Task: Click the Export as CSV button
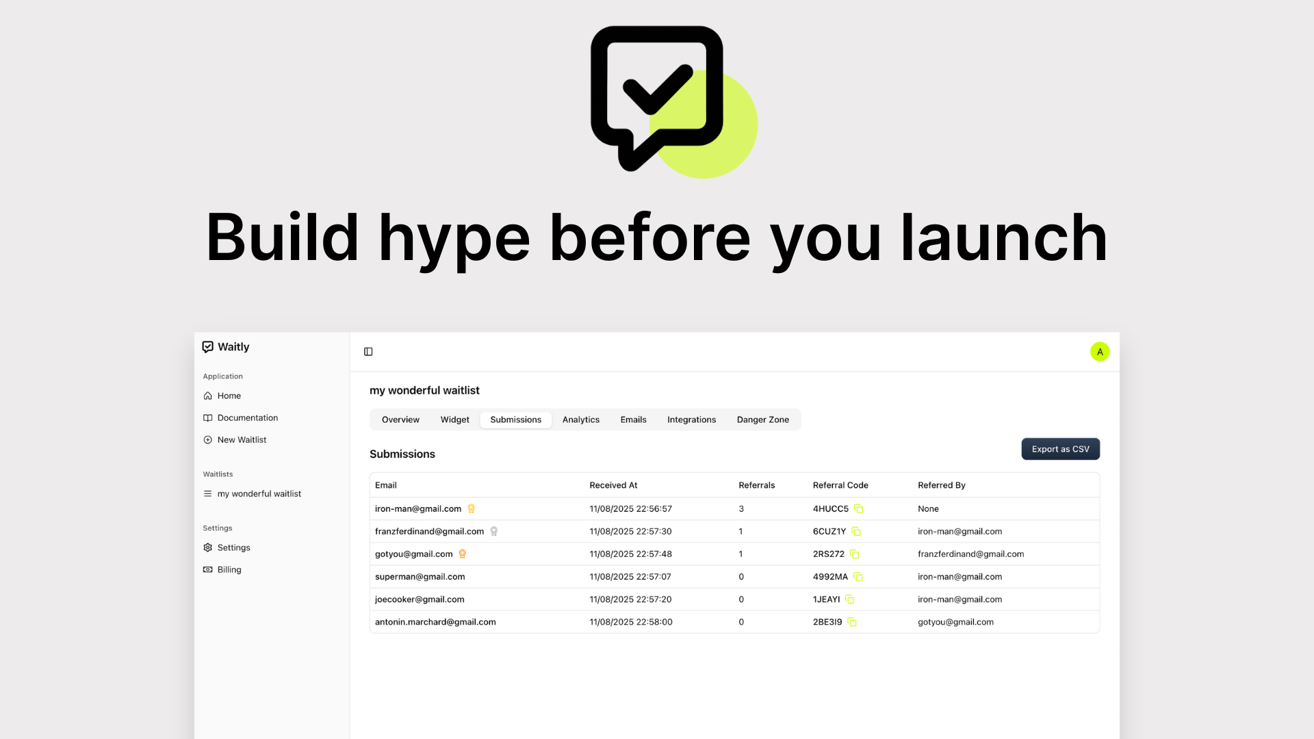pyautogui.click(x=1060, y=449)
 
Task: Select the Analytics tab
pyautogui.click(x=580, y=419)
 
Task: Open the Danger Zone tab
pyautogui.click(x=762, y=419)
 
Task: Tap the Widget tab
pyautogui.click(x=454, y=419)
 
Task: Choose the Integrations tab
pyautogui.click(x=691, y=419)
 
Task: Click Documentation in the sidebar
pyautogui.click(x=247, y=417)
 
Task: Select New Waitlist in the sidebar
pyautogui.click(x=242, y=439)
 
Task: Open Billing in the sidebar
pyautogui.click(x=229, y=569)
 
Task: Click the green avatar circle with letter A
pyautogui.click(x=1100, y=352)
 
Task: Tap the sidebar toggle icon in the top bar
pyautogui.click(x=368, y=352)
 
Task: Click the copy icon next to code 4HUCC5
pyautogui.click(x=859, y=508)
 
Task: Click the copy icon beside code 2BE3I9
pyautogui.click(x=852, y=622)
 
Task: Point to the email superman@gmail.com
pyautogui.click(x=420, y=576)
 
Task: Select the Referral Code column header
pyautogui.click(x=840, y=485)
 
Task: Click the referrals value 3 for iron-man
pyautogui.click(x=741, y=508)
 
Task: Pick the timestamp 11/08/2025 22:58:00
pyautogui.click(x=631, y=622)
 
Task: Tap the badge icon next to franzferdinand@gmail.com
pyautogui.click(x=494, y=531)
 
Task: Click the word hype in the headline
pyautogui.click(x=454, y=239)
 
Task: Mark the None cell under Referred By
pyautogui.click(x=928, y=508)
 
